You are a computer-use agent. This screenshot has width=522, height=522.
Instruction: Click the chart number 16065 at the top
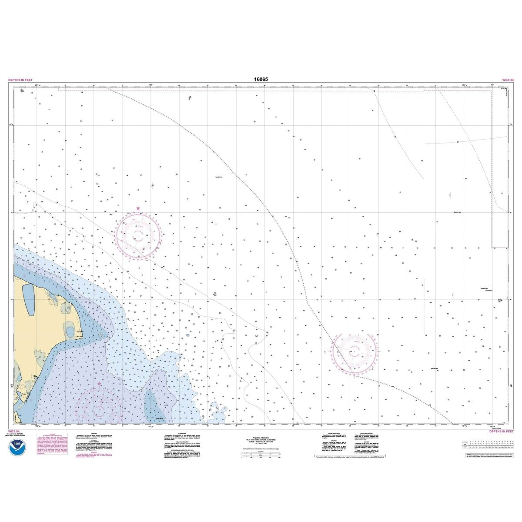coord(261,80)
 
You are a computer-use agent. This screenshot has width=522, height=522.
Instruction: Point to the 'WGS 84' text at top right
coord(508,80)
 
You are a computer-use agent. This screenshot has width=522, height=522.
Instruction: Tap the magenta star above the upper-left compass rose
coord(138,209)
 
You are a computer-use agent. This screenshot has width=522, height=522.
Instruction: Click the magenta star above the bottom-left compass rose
coord(100,384)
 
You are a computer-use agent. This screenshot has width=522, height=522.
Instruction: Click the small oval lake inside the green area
coord(70,327)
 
